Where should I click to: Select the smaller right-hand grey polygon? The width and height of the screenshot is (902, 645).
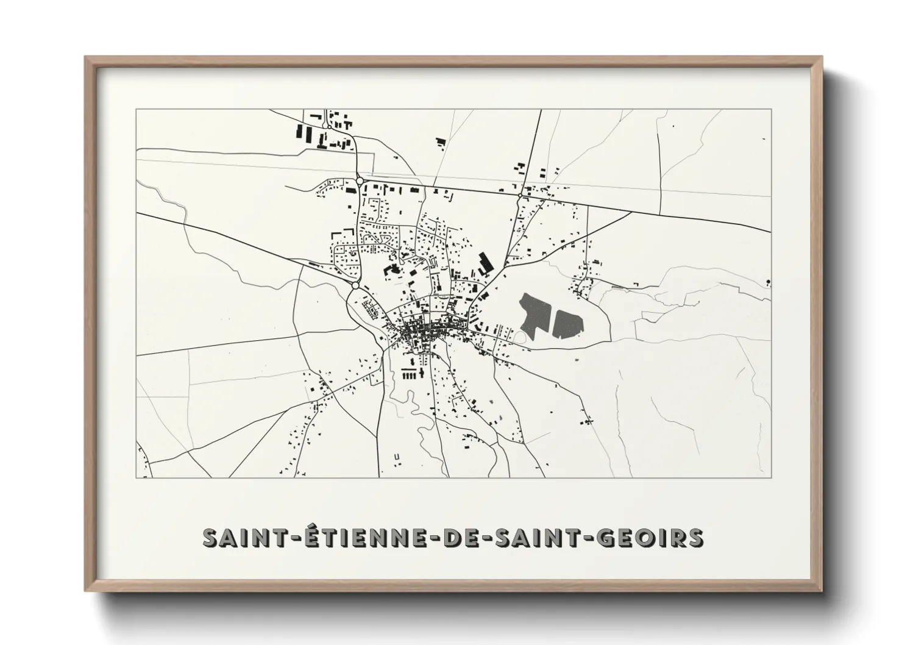coord(567,322)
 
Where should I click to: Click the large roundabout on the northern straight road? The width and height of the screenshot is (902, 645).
coord(360,180)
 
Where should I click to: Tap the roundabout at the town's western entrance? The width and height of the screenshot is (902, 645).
coord(355,285)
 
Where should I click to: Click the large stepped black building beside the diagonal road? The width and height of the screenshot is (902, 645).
coord(485,263)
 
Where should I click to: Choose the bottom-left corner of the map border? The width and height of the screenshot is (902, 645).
coord(137,477)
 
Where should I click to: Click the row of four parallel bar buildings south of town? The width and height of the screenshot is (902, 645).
coord(410,374)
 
